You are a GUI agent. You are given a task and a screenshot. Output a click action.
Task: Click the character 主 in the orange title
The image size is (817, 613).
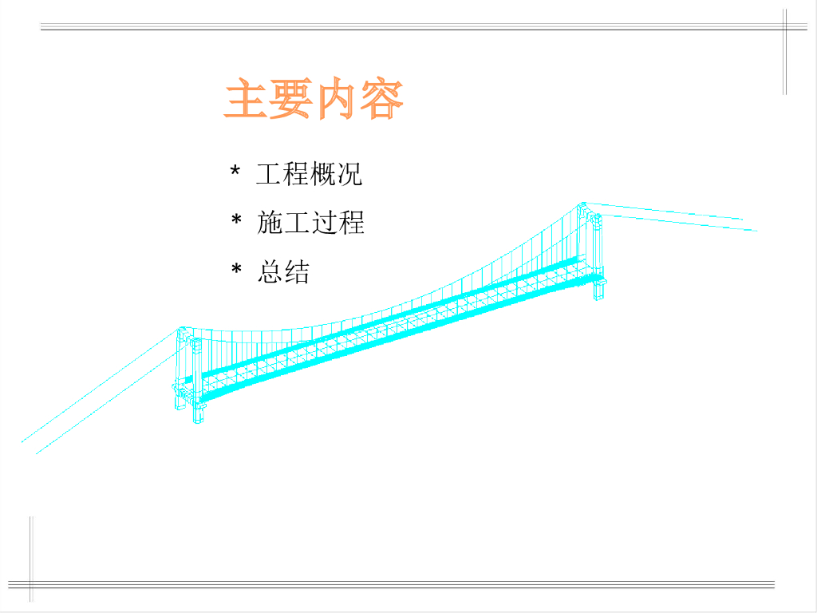[x=246, y=98]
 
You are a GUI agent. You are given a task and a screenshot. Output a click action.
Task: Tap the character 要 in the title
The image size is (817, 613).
[x=290, y=98]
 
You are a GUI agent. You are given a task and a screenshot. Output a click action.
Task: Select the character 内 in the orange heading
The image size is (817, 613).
[x=337, y=98]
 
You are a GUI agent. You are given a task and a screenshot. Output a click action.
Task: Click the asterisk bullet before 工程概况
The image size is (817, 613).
[x=235, y=171]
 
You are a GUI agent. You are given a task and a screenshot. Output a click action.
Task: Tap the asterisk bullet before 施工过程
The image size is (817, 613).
[x=236, y=219]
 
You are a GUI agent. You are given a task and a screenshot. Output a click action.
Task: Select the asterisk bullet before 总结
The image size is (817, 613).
[x=236, y=269]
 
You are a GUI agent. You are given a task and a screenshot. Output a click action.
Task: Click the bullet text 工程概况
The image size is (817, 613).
[x=309, y=173]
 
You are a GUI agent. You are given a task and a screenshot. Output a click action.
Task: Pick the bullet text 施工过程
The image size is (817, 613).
[x=310, y=223]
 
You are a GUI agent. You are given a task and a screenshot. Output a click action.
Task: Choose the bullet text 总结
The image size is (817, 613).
[x=283, y=271]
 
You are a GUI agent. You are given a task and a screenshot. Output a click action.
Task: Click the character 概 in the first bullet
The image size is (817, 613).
[x=322, y=173]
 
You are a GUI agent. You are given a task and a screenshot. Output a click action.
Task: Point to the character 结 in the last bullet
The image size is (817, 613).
[x=297, y=271]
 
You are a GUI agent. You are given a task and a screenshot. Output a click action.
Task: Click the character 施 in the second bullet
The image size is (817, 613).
[x=270, y=223]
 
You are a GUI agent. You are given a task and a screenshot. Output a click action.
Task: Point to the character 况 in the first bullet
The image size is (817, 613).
[x=349, y=173]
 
